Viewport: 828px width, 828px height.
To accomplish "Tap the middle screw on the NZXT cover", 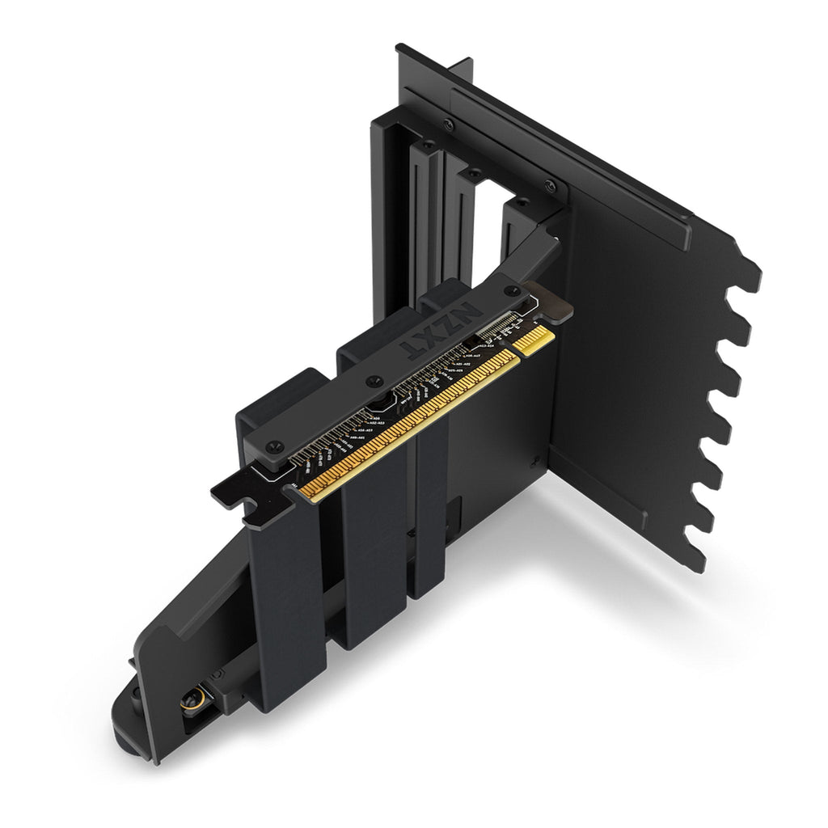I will pos(372,380).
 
